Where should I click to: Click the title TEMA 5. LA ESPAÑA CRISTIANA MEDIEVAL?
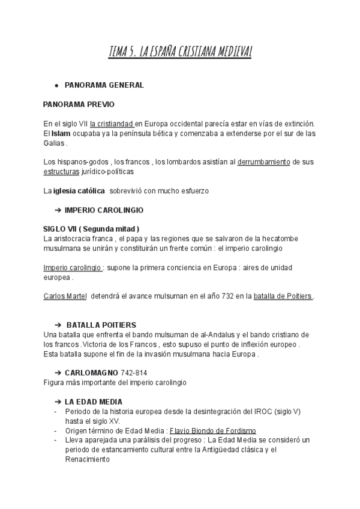click(180, 53)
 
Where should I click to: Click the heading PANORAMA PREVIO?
click(74, 104)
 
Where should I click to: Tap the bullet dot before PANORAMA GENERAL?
click(56, 85)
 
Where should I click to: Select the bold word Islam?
click(59, 133)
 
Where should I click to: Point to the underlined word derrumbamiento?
click(263, 161)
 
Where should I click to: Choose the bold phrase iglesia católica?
click(78, 191)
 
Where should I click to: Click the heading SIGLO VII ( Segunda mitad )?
click(91, 229)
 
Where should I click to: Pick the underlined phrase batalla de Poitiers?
click(283, 296)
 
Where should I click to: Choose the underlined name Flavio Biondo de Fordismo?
click(213, 430)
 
